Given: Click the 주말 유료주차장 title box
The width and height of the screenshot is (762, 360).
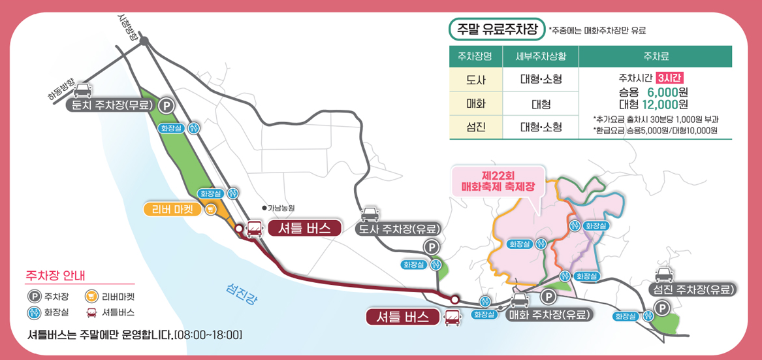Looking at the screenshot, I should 497,29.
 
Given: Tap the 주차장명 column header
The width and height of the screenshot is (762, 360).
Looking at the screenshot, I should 475,56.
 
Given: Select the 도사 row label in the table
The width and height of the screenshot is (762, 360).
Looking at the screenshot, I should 475,80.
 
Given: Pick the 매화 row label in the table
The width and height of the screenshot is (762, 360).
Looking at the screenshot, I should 475,104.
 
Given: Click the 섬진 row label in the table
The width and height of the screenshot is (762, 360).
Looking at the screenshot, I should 475,127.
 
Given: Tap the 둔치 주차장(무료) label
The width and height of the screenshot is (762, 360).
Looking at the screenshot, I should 114,105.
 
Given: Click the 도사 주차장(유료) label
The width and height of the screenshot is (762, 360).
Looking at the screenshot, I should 398,229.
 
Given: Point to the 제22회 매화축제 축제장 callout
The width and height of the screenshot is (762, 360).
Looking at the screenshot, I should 498,181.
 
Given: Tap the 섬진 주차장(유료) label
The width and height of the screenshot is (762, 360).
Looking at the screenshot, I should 691,289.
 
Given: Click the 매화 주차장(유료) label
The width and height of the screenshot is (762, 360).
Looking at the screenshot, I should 549,314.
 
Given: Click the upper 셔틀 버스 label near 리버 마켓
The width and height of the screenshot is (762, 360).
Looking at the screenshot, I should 304,228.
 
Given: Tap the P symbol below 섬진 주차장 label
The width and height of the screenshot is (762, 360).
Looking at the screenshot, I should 661,308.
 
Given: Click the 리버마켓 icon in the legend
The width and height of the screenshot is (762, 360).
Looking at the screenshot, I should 91,297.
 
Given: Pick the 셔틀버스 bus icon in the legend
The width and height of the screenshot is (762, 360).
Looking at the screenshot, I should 91,312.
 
